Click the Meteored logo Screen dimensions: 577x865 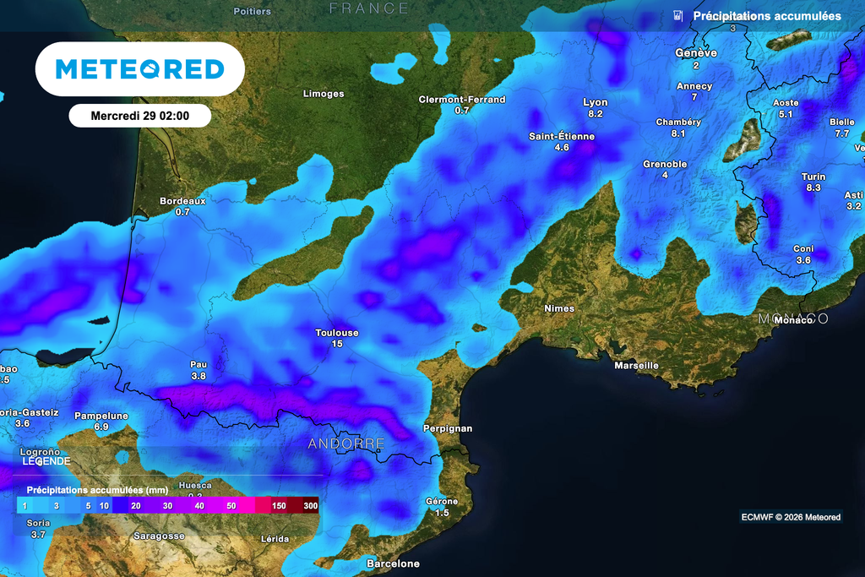139,68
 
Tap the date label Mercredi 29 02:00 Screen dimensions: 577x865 139,116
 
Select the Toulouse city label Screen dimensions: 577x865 337,333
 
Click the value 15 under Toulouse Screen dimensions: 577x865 337,344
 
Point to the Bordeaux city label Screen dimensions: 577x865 182,201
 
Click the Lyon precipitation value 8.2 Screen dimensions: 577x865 596,114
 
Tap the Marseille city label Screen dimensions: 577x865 637,366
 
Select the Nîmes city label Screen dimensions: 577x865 559,308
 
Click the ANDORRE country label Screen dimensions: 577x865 346,444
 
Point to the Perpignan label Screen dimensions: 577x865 447,428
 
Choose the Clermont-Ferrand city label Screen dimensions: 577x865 462,100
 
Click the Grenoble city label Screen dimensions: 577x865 665,164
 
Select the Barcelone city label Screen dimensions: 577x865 393,563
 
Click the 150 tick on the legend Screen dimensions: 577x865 280,505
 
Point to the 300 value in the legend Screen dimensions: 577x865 311,505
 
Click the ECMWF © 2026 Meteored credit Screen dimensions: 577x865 791,517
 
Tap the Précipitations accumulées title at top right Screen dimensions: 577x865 766,16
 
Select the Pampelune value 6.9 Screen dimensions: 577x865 101,427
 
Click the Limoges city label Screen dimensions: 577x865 324,94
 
